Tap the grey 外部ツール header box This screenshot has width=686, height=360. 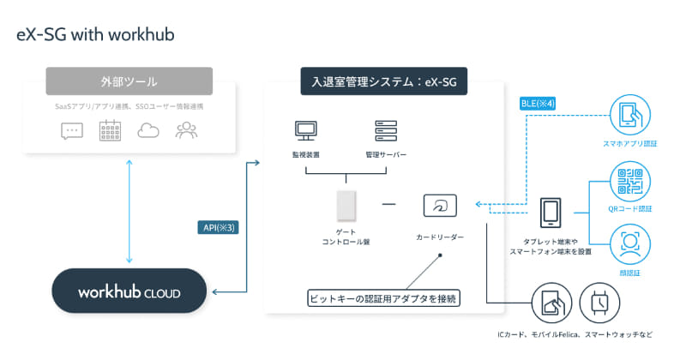[129, 84]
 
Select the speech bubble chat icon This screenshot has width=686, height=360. [72, 131]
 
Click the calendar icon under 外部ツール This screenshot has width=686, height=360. [110, 131]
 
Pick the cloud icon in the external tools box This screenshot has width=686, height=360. [148, 131]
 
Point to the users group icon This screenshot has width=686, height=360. [186, 131]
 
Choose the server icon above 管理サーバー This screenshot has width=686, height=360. [385, 131]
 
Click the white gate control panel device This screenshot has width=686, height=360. [346, 206]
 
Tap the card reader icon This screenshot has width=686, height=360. [440, 205]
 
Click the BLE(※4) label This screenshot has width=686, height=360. [539, 104]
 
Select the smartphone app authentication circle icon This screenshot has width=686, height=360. [629, 116]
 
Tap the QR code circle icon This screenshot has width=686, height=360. [629, 183]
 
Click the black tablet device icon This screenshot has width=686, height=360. [550, 213]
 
